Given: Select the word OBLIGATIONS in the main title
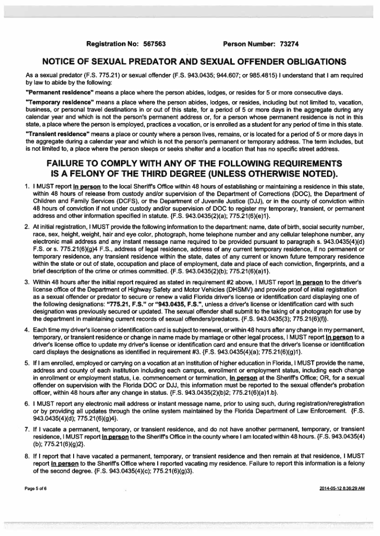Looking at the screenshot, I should coord(295,62).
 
